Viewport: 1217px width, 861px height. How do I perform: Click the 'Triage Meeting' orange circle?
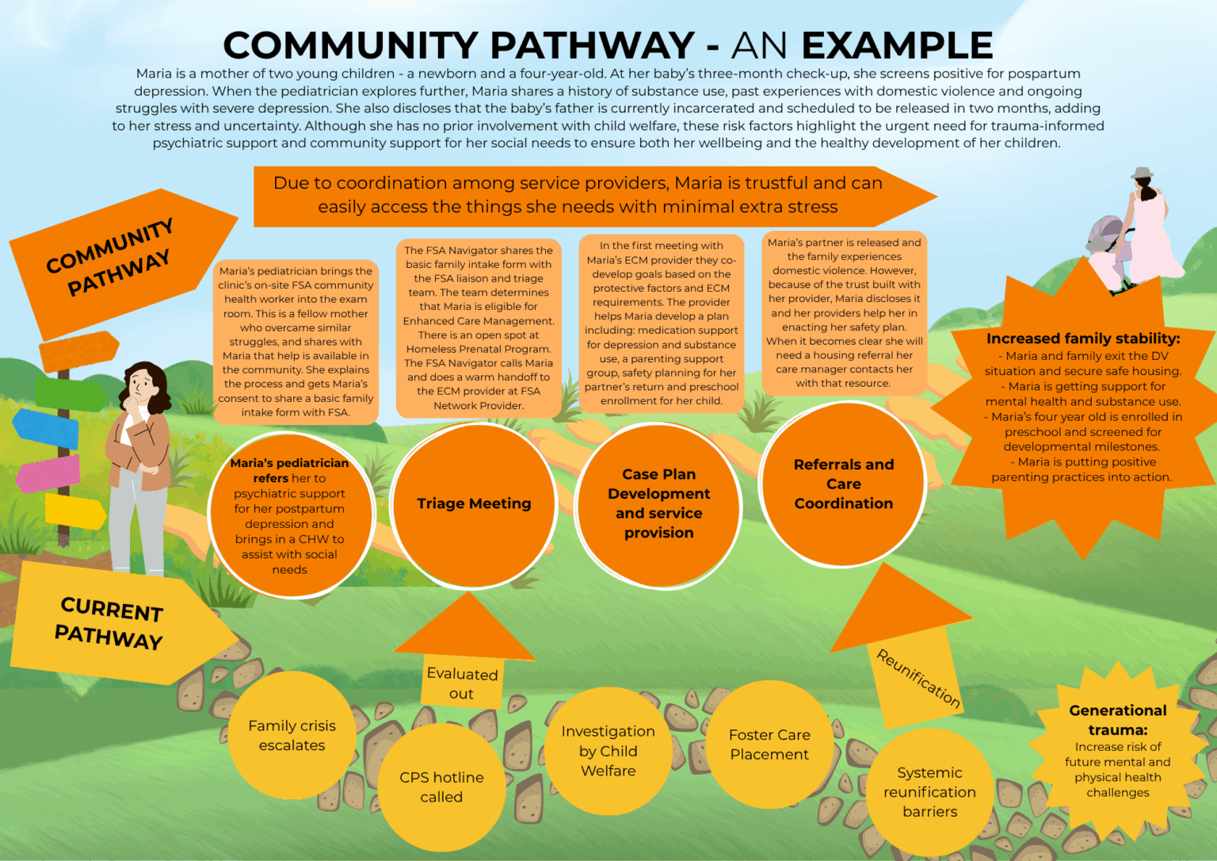(x=474, y=504)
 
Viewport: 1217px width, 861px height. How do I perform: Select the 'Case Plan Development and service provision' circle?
(x=658, y=504)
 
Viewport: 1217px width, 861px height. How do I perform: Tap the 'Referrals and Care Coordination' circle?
(x=843, y=484)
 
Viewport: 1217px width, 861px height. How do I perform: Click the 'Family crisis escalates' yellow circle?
(x=292, y=735)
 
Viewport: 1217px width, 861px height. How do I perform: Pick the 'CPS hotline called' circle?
(x=441, y=786)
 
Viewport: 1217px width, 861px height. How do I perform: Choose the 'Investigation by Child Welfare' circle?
(x=608, y=750)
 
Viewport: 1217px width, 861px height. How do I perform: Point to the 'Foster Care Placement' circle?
(x=769, y=744)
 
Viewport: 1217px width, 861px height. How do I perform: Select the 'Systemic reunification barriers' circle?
(x=929, y=791)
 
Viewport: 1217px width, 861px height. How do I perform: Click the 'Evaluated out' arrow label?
(x=462, y=683)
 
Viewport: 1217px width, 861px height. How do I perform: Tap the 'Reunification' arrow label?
(x=918, y=678)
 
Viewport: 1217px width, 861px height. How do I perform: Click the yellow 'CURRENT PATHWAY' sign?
(x=111, y=623)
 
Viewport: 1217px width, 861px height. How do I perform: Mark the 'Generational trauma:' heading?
(x=1117, y=720)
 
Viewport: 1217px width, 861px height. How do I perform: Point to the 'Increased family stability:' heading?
(x=1082, y=339)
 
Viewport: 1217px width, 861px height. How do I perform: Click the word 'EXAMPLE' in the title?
(x=897, y=45)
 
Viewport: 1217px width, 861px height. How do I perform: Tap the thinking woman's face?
(x=142, y=385)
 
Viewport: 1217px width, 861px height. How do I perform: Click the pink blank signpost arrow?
(x=48, y=473)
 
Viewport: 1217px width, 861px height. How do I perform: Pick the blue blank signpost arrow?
(x=46, y=427)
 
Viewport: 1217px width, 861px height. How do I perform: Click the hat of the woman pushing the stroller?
(x=1142, y=172)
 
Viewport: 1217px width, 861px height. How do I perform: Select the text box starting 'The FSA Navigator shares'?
(x=479, y=327)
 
